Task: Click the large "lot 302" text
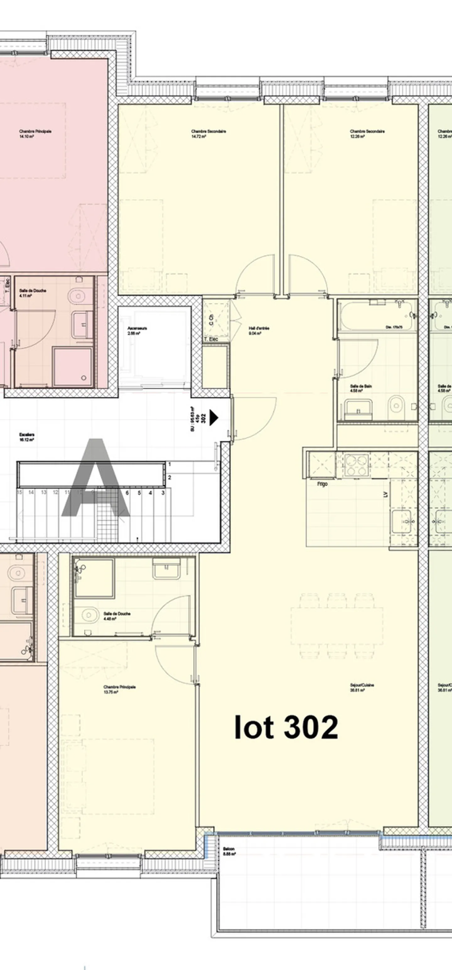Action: click(x=286, y=727)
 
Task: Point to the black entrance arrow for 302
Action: click(x=214, y=418)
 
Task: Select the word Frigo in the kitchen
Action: click(x=322, y=484)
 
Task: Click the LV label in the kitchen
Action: click(x=386, y=495)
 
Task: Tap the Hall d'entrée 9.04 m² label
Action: click(x=259, y=331)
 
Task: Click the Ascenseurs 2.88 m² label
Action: click(x=137, y=331)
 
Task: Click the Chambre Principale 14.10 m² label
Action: click(x=35, y=134)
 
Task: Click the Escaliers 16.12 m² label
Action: click(x=27, y=437)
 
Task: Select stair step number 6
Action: click(x=127, y=493)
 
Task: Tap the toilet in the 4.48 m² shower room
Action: click(x=88, y=615)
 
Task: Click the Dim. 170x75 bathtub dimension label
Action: click(x=394, y=327)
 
